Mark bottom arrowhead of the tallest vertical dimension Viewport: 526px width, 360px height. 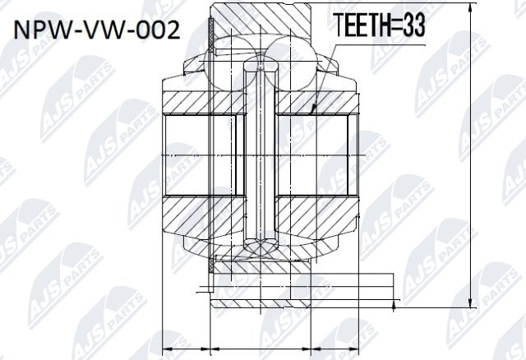(469, 303)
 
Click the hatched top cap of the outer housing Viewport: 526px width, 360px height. (263, 12)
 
